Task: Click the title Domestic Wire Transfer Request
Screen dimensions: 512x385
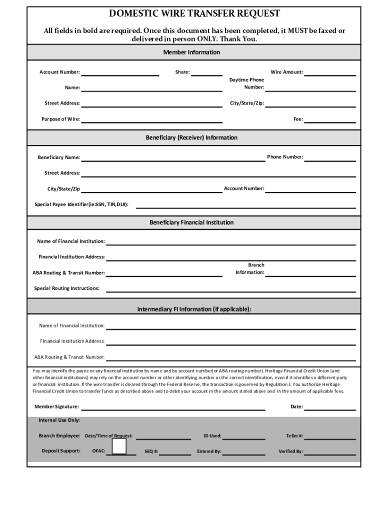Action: (194, 13)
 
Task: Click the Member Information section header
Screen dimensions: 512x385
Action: (191, 52)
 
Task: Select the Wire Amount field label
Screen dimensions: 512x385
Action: (286, 72)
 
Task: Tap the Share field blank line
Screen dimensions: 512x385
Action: (207, 74)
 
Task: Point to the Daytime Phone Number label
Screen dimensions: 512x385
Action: (247, 83)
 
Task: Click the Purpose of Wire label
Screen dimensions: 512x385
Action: (60, 119)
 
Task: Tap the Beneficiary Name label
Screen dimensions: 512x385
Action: (59, 157)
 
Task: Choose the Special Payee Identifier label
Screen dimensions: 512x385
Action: (81, 204)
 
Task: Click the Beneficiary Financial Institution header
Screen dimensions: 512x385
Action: (191, 222)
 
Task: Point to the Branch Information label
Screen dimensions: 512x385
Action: (250, 268)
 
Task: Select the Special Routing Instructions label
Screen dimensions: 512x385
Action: (66, 288)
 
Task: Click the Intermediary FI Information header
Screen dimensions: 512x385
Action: (194, 309)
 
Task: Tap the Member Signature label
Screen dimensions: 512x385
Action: (56, 406)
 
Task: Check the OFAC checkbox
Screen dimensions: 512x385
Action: (119, 445)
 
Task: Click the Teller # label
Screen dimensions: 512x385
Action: (294, 435)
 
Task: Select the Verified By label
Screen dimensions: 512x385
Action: (290, 451)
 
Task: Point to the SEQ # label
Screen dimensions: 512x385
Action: (151, 451)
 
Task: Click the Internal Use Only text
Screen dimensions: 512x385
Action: (59, 420)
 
